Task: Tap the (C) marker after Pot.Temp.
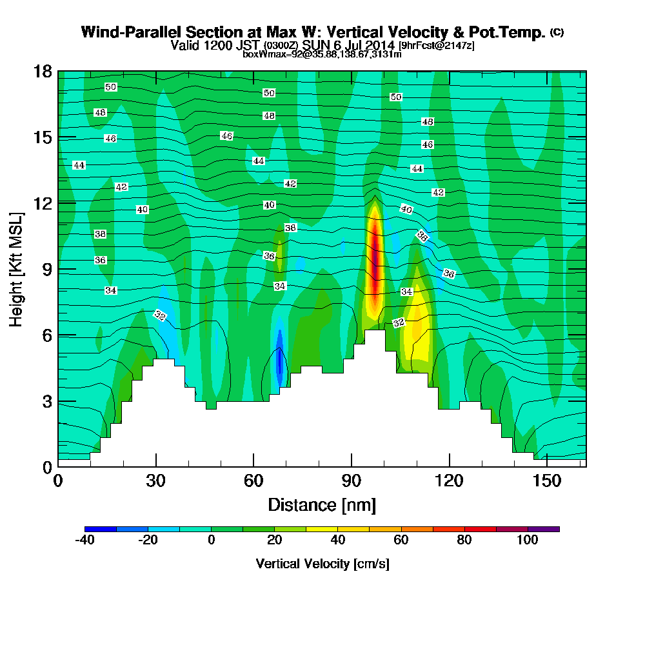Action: pyautogui.click(x=557, y=32)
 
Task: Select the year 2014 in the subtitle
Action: pyautogui.click(x=378, y=46)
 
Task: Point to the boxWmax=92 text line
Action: pyautogui.click(x=322, y=55)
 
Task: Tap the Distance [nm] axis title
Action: pyautogui.click(x=322, y=504)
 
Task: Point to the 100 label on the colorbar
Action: pyautogui.click(x=527, y=541)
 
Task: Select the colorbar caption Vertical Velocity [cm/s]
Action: pyautogui.click(x=322, y=564)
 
